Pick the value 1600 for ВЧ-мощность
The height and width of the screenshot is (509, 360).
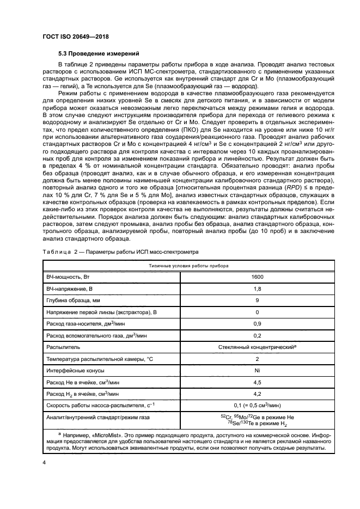point(257,277)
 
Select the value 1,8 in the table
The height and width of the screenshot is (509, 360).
point(257,289)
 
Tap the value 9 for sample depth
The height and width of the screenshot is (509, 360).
point(257,300)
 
